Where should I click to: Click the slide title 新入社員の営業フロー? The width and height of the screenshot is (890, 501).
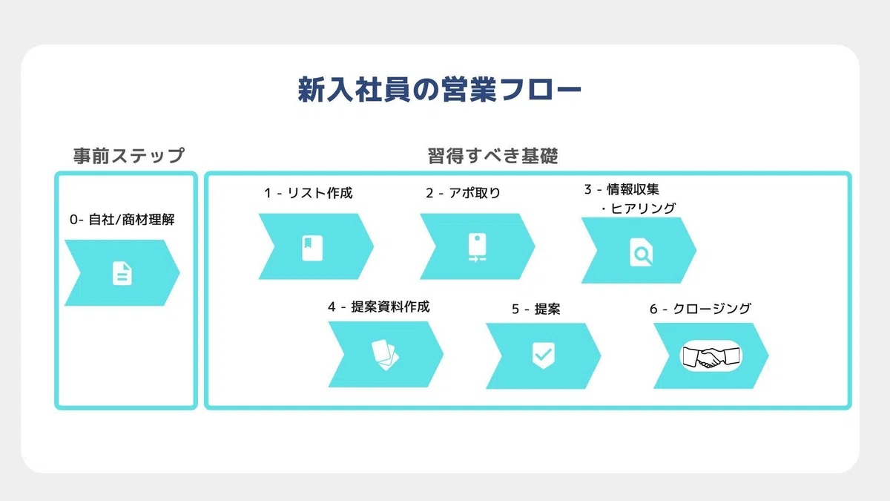coord(439,90)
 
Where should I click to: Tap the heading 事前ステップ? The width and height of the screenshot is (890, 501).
coord(129,155)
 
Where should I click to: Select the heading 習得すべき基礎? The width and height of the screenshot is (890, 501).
coord(492,155)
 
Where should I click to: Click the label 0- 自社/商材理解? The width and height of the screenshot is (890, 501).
coord(122,220)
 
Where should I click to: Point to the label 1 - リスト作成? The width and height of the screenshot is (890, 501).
coord(309,193)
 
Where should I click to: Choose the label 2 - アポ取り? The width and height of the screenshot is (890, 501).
coord(464,193)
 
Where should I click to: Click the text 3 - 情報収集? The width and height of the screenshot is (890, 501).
coord(622,189)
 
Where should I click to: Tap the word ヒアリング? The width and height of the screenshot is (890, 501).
coord(643,208)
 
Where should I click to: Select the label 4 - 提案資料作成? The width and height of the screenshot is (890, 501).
coord(379,307)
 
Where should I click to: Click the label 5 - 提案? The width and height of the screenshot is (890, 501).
coord(536,309)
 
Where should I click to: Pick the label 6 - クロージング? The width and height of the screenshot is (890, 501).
coord(700,309)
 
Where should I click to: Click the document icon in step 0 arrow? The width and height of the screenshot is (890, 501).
coord(122,273)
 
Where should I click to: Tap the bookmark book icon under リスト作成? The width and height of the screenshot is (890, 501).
coord(312,248)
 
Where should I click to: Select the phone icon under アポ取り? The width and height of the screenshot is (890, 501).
coord(477,248)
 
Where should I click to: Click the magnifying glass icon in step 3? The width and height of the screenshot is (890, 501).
coord(641,252)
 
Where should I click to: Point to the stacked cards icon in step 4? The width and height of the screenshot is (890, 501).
coord(385,355)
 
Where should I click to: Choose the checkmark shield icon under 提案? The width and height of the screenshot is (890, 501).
coord(544,356)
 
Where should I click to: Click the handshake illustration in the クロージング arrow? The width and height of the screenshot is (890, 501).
coord(711,356)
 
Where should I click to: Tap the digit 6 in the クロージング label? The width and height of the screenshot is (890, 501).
coord(653,309)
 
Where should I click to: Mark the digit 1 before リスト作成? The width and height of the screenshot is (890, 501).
coord(268,193)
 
